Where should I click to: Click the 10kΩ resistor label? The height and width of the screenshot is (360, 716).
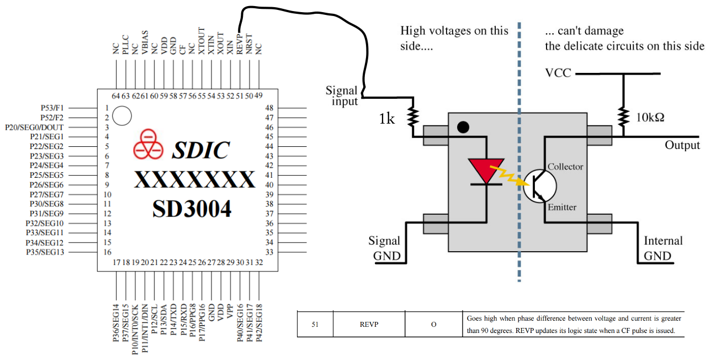(x=651, y=118)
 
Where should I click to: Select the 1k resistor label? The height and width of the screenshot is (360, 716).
(x=386, y=118)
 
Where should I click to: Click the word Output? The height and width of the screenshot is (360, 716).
(x=682, y=145)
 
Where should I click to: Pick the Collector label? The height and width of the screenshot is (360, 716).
(x=565, y=167)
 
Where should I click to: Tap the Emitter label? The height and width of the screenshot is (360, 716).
(x=562, y=208)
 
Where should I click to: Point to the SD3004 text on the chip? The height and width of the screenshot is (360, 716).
(x=192, y=209)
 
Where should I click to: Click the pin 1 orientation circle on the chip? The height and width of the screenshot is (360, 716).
(x=122, y=116)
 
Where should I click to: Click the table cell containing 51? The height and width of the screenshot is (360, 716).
(x=315, y=325)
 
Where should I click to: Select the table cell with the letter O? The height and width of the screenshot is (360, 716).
(x=433, y=325)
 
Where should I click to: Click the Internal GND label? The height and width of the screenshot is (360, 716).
(x=663, y=248)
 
